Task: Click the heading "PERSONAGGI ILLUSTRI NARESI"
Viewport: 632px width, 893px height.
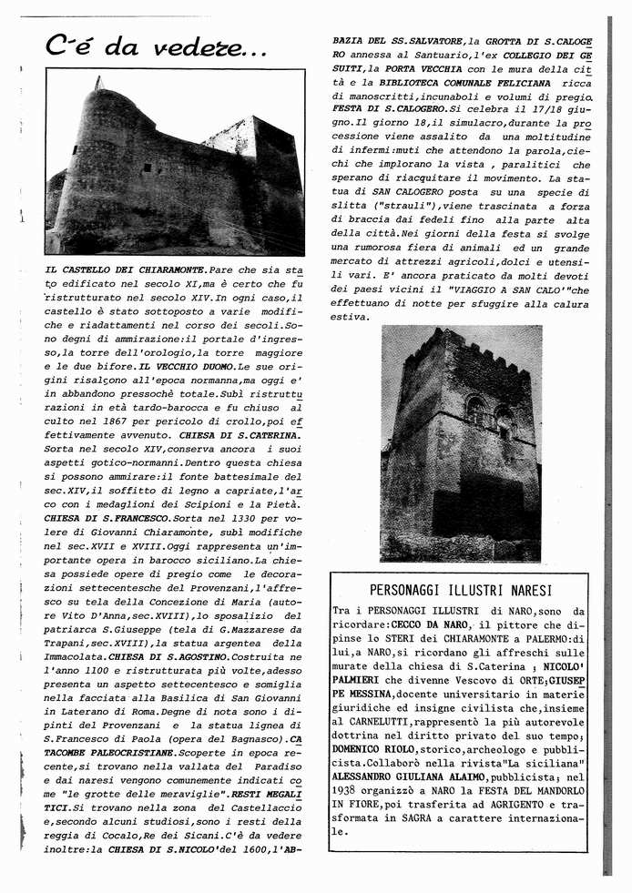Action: (x=461, y=590)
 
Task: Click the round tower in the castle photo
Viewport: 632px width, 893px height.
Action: (x=100, y=164)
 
